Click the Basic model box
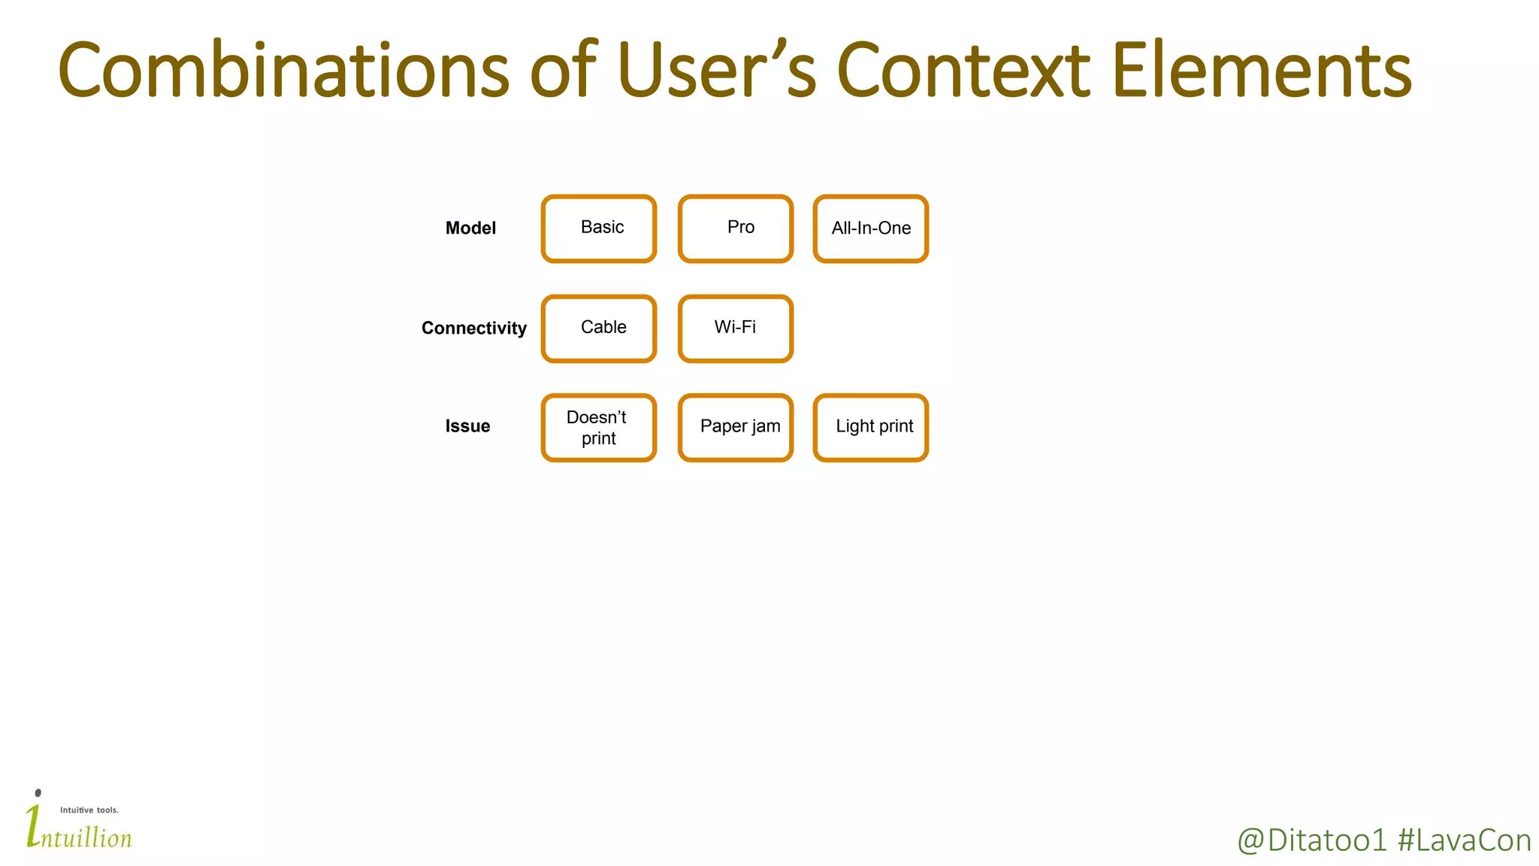click(x=599, y=229)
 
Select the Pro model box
click(x=736, y=229)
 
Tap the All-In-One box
click(x=871, y=229)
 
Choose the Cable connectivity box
click(x=599, y=329)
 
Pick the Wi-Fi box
click(x=736, y=329)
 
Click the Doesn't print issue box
click(x=599, y=428)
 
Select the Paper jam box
click(x=736, y=428)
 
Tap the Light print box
click(x=871, y=428)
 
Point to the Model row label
click(x=470, y=229)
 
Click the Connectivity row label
click(x=473, y=329)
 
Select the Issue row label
click(x=467, y=426)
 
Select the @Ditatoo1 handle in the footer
click(x=1311, y=840)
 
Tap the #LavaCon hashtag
click(x=1464, y=840)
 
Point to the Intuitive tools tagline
click(x=89, y=810)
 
